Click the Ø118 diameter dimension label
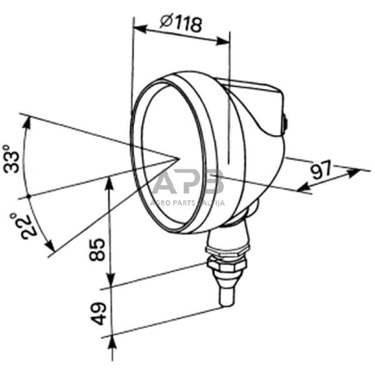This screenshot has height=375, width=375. click(181, 23)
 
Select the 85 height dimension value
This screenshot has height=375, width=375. click(96, 248)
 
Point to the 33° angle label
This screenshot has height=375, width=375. click(10, 159)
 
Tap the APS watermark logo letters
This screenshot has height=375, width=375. click(187, 182)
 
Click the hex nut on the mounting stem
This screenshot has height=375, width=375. click(228, 262)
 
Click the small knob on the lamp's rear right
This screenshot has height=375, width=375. click(285, 123)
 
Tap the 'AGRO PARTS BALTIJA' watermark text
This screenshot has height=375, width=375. click(187, 201)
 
